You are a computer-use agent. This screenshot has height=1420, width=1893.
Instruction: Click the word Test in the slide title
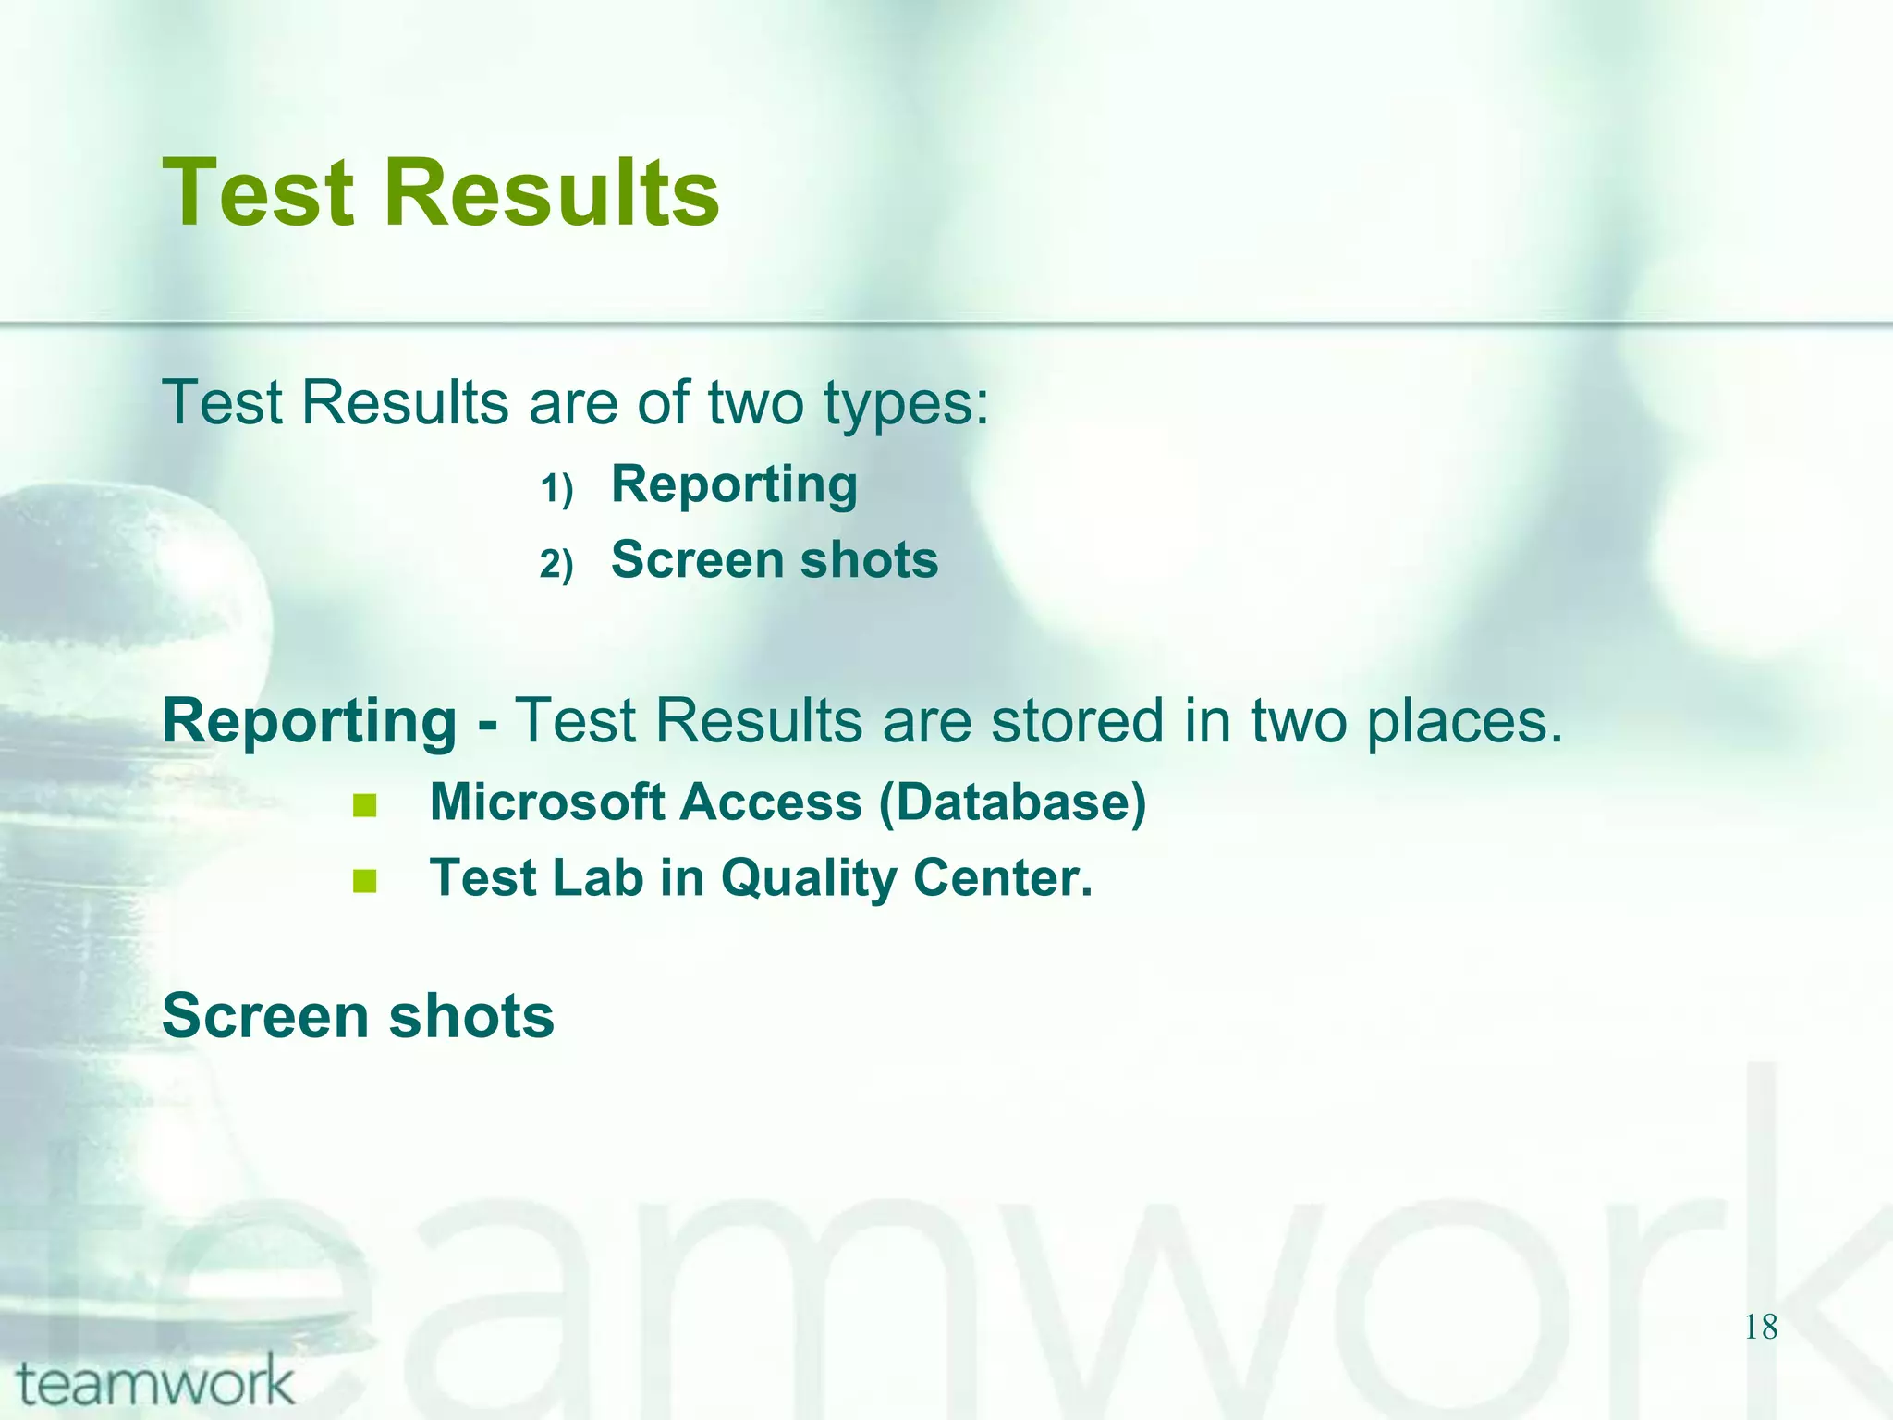(258, 193)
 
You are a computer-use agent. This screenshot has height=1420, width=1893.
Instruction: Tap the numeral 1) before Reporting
(556, 488)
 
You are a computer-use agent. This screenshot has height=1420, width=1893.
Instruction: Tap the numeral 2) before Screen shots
(556, 564)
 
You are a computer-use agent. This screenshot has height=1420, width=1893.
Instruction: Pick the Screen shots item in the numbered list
(775, 560)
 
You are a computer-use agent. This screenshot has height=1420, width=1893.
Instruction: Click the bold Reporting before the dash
(310, 722)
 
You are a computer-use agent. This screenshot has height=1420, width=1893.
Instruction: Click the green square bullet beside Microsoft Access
(365, 806)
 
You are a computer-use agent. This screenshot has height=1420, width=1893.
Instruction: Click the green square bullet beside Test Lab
(365, 881)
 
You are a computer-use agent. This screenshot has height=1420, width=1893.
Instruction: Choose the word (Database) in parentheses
(1012, 802)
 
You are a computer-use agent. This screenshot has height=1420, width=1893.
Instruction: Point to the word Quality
(808, 879)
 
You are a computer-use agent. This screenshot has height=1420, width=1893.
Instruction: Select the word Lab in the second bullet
(597, 877)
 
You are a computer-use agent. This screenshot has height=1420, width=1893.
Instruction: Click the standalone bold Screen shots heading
(358, 1016)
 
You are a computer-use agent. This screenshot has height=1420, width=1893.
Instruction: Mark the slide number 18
(1761, 1328)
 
